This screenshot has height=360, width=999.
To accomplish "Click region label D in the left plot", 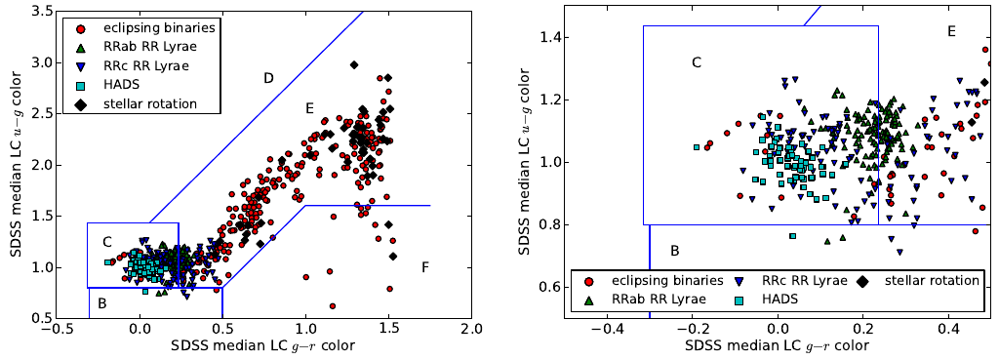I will point(268,78).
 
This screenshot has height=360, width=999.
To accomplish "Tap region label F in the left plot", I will point(424,267).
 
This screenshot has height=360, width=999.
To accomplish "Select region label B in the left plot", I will point(101,301).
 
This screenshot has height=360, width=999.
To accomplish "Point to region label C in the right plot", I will point(697,63).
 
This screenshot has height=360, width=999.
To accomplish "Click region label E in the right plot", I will point(951,32).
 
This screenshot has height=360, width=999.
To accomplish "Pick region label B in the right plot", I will point(674,252).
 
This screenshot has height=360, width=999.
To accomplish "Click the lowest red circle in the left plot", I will point(333,305).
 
